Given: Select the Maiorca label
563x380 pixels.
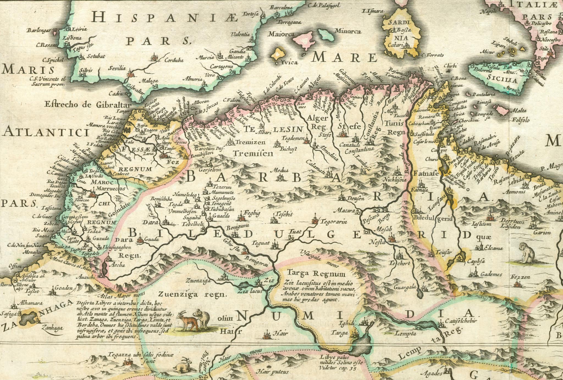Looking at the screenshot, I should [281, 34].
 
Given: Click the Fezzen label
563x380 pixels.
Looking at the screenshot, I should [520, 277].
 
